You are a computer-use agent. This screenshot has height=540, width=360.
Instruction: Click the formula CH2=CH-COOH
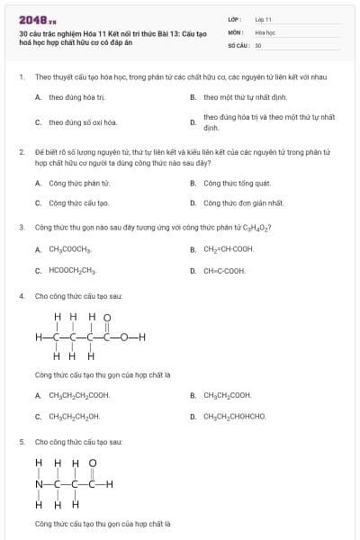pyautogui.click(x=229, y=248)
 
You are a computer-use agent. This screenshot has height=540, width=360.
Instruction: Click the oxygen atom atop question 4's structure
pyautogui.click(x=107, y=317)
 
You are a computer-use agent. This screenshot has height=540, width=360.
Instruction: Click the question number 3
pyautogui.click(x=22, y=228)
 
